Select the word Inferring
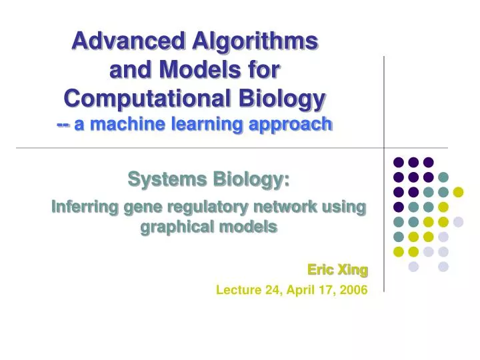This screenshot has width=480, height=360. tap(83, 207)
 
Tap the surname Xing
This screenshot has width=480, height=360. tap(353, 269)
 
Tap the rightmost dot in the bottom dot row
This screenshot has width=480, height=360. tap(443, 267)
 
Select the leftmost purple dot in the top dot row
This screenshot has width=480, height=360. tap(399, 162)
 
